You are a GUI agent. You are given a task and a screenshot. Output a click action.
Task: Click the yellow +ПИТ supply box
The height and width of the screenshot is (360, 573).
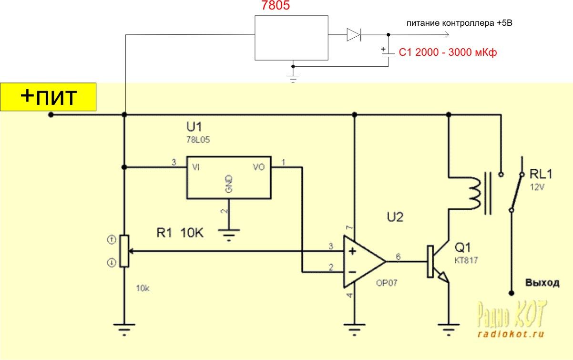pos(48,97)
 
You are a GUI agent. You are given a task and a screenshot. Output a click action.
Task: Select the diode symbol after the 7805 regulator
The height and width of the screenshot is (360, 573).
pos(353,34)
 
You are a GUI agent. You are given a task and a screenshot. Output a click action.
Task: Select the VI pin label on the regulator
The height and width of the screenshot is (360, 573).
pos(196,167)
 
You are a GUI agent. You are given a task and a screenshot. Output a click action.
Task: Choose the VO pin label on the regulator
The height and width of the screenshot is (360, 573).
pos(259,167)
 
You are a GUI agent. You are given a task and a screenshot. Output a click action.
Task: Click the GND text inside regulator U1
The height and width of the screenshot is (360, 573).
pos(229,185)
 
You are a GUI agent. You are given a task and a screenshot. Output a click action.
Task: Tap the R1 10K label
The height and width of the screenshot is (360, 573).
pos(180,234)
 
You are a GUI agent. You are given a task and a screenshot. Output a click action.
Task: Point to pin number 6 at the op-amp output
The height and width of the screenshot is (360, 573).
pos(398,256)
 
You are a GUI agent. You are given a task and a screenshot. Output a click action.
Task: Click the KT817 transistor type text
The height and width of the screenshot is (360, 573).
pos(466,261)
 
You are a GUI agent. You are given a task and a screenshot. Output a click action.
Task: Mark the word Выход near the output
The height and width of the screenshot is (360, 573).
pos(542,283)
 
